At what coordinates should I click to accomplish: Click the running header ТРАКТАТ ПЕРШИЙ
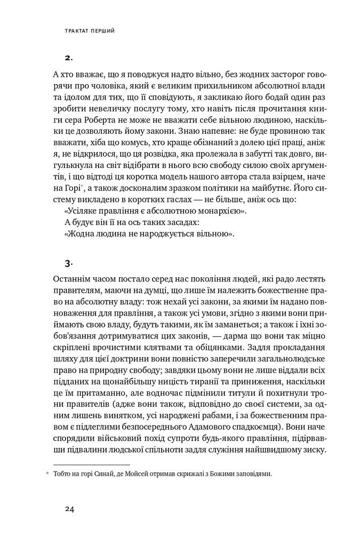coord(90,31)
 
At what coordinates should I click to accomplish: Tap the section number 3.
coord(69,263)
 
